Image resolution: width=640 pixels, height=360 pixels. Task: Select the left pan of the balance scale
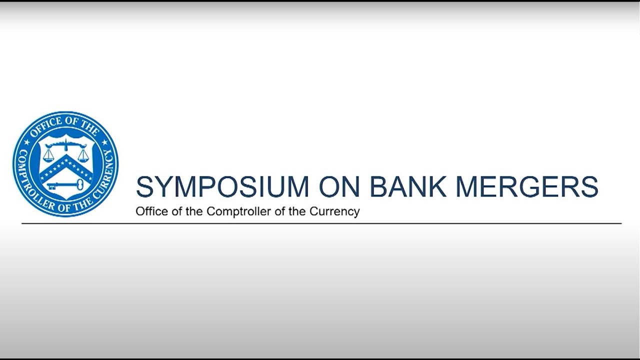coord(48,157)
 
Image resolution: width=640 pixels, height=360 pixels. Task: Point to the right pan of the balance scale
coord(82,157)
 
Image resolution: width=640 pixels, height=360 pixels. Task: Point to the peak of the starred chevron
coord(65,156)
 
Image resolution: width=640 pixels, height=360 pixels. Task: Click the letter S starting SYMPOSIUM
coord(143,186)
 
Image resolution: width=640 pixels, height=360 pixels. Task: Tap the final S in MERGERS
coord(590,186)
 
